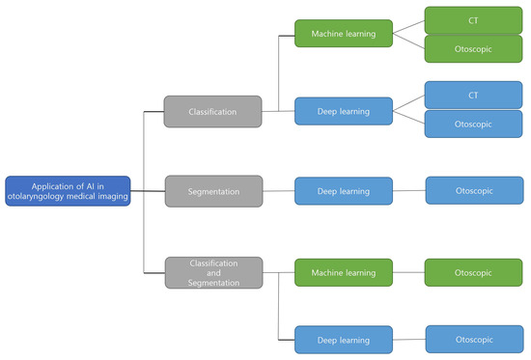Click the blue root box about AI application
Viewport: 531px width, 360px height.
click(x=68, y=189)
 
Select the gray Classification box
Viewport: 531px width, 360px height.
click(x=212, y=112)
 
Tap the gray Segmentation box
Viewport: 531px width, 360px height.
click(x=212, y=191)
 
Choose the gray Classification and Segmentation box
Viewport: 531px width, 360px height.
click(x=212, y=272)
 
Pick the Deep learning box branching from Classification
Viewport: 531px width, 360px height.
click(x=344, y=110)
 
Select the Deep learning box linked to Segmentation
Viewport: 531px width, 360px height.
click(x=344, y=191)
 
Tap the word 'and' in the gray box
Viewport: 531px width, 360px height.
click(x=212, y=272)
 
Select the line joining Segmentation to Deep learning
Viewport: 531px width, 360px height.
click(x=278, y=191)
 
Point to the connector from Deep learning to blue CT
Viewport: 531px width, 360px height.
click(x=408, y=102)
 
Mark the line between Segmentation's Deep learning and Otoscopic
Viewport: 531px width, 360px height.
click(x=409, y=191)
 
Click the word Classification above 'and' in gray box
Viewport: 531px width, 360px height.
click(x=212, y=263)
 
